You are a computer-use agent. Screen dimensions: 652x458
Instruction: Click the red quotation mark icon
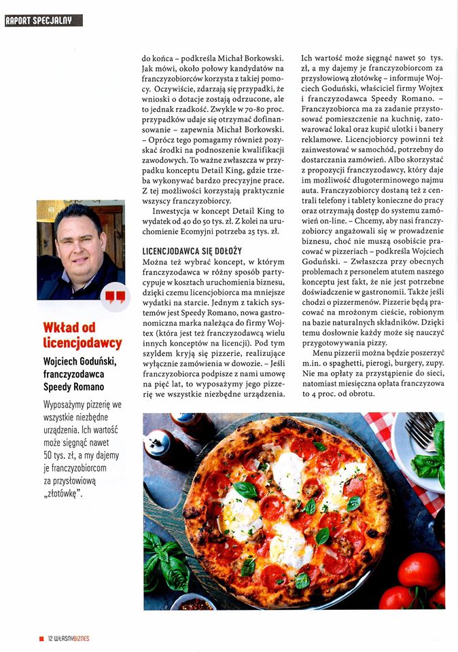click(x=115, y=296)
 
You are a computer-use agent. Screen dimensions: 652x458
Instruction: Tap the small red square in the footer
click(x=41, y=638)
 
